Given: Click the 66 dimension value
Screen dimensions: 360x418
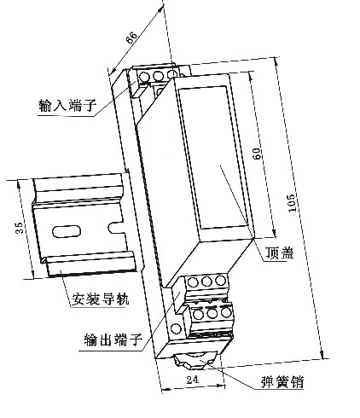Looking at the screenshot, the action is [x=131, y=38].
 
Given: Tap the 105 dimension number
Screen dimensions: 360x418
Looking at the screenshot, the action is [x=292, y=203].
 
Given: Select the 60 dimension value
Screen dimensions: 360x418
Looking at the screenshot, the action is [x=256, y=154].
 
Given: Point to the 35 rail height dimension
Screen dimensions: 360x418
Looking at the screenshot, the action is [x=20, y=228].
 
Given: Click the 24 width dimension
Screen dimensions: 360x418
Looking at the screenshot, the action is [x=193, y=379].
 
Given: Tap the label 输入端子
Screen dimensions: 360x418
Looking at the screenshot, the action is [x=67, y=105].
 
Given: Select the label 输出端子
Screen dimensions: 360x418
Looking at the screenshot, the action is [x=113, y=340].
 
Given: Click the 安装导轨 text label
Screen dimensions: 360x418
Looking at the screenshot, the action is [x=100, y=299].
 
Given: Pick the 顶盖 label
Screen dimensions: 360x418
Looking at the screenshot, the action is [x=279, y=253].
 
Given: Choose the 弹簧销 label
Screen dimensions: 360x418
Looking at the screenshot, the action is [x=282, y=381].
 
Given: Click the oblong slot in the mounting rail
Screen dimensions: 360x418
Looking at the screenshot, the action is [x=67, y=231].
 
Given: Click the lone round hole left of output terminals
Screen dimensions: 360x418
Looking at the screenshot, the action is [x=176, y=329].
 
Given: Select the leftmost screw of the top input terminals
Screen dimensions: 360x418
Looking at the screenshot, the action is [x=144, y=77].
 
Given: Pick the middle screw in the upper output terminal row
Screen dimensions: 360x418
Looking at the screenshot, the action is [x=206, y=282].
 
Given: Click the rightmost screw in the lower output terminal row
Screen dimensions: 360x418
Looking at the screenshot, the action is [x=226, y=312].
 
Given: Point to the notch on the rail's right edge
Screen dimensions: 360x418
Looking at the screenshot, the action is [x=116, y=228].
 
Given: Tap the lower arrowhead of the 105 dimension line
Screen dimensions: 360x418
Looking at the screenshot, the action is [x=322, y=354].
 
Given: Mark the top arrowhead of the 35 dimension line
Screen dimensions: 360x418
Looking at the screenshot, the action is [x=19, y=184].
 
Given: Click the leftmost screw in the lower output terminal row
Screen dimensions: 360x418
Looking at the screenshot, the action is [x=197, y=314].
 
